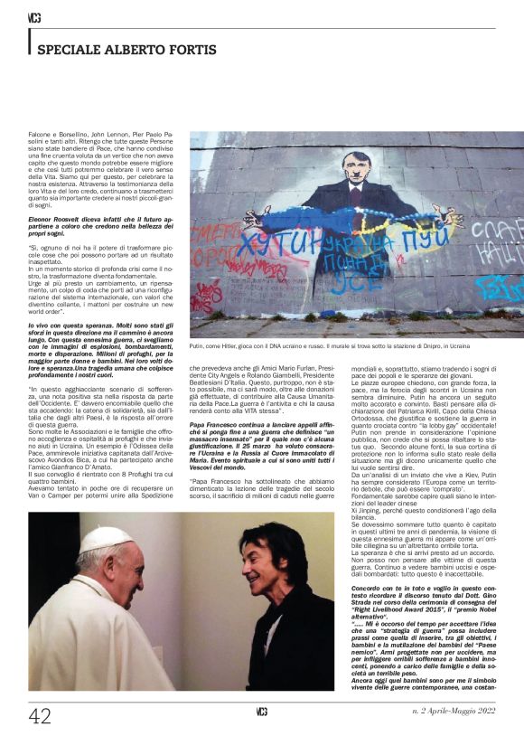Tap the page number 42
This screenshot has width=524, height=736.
pyautogui.click(x=39, y=716)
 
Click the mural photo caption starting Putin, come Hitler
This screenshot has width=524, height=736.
pyautogui.click(x=330, y=346)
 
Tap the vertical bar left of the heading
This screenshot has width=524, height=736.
pyautogui.click(x=30, y=42)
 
